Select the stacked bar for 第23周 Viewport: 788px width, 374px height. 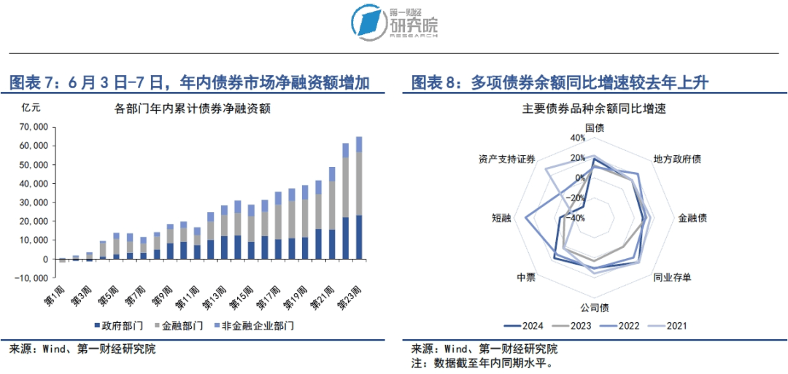coord(359,197)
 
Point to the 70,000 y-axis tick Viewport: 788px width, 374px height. coord(34,127)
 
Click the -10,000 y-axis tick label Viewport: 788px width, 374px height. coord(31,278)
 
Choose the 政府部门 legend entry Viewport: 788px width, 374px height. coord(119,325)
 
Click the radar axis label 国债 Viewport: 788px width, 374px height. coord(594,127)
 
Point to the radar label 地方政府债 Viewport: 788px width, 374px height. coord(677,159)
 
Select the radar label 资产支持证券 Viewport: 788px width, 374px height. coord(507,159)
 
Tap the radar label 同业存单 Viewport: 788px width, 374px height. coord(673,277)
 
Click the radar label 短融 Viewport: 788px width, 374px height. coord(502,218)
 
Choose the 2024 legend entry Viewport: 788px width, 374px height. coord(522,326)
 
